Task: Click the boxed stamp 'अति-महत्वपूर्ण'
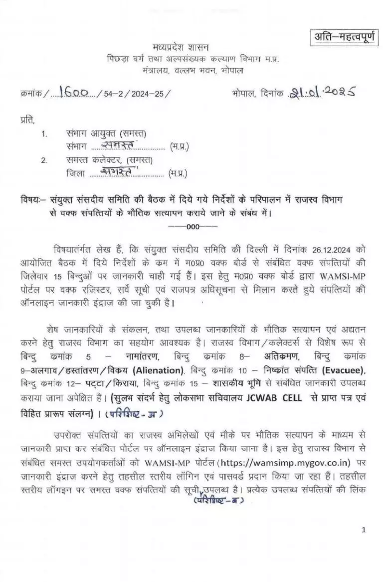coord(343,36)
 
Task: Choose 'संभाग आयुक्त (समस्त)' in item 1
coord(106,134)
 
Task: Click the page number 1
coord(364,530)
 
